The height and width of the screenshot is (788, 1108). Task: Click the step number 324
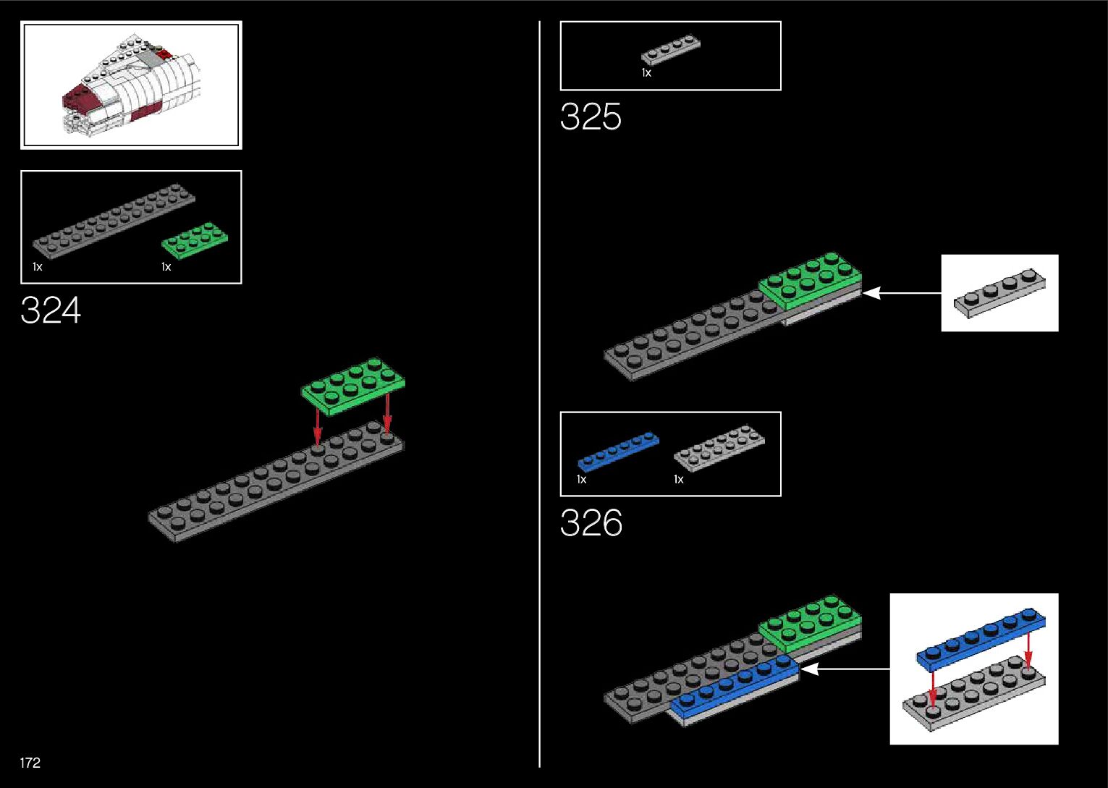tap(51, 310)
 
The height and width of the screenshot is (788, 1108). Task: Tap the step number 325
tap(591, 117)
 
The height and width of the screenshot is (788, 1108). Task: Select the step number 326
tap(591, 523)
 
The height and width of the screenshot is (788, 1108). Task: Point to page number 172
tap(30, 763)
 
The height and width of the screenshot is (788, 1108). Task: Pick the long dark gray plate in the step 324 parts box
tap(114, 220)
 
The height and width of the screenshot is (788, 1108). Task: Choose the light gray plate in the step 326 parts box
tap(719, 448)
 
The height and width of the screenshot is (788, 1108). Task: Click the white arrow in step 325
tap(902, 293)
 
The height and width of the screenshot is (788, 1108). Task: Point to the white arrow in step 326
tap(845, 669)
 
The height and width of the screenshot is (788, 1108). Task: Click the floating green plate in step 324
tap(353, 385)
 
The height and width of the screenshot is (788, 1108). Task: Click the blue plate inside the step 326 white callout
tap(981, 637)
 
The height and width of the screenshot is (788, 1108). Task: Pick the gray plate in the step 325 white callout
tap(999, 292)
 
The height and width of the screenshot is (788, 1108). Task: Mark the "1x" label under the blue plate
tap(582, 479)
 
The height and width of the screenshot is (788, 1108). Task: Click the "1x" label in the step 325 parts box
tap(646, 73)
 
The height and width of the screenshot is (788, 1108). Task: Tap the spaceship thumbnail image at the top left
tap(131, 85)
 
